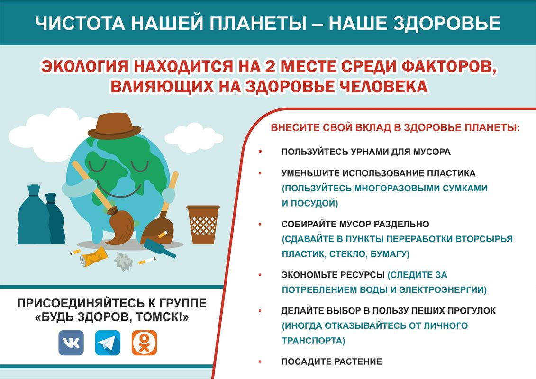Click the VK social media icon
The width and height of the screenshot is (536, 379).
click(71, 343)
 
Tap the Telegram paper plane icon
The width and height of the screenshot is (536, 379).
click(108, 343)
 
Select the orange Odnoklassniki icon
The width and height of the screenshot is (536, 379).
click(144, 343)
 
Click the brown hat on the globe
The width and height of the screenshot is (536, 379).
click(114, 126)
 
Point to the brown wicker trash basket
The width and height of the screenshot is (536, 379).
click(203, 224)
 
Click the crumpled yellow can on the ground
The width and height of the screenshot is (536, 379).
click(93, 257)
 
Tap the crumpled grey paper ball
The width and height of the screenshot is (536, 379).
click(123, 262)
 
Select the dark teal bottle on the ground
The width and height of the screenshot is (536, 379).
click(159, 248)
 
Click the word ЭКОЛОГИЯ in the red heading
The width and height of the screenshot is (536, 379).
click(85, 66)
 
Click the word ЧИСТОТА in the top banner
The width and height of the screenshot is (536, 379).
click(80, 23)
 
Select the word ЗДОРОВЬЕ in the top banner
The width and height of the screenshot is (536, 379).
click(447, 23)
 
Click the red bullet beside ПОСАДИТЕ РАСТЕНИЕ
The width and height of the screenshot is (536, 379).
click(260, 361)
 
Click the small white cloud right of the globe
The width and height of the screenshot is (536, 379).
click(193, 137)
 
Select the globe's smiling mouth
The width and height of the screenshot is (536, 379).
click(119, 189)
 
